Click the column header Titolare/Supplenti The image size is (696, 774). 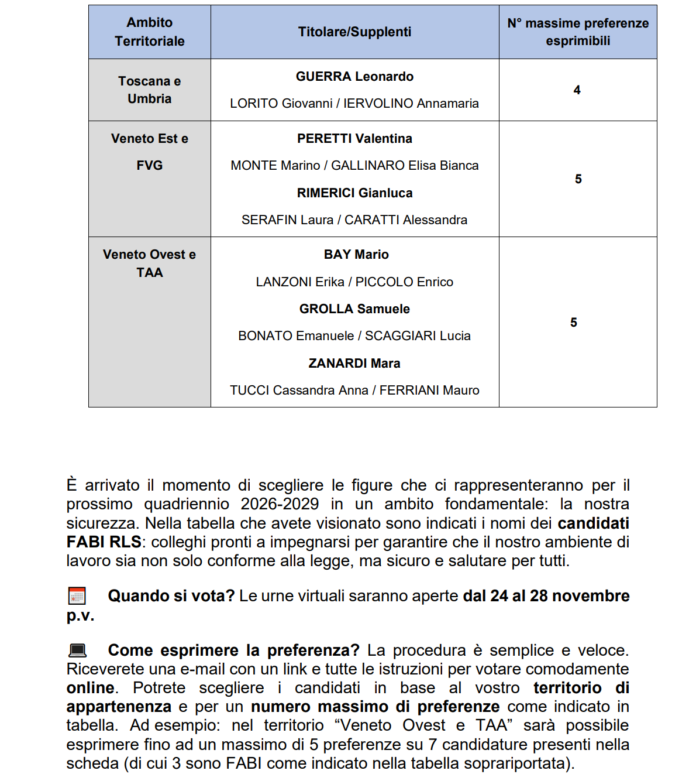(354, 32)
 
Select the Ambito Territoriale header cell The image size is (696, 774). (150, 32)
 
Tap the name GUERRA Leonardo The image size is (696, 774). (354, 77)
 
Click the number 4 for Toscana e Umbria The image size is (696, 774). (577, 90)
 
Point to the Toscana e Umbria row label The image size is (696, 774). (150, 90)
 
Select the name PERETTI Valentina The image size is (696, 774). (354, 139)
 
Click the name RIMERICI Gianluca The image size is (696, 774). (354, 193)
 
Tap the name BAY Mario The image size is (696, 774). (356, 255)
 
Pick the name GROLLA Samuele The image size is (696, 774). (354, 309)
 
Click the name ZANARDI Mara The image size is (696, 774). (354, 364)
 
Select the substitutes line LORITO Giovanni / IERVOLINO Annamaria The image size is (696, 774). (354, 104)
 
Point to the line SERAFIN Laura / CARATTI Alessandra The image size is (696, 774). (354, 220)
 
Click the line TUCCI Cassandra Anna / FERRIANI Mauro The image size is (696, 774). (354, 391)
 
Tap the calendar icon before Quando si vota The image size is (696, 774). (77, 596)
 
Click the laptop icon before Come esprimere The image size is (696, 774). (77, 650)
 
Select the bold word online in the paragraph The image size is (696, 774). (90, 688)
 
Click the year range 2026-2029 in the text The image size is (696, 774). (280, 504)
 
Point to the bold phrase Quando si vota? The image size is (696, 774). (171, 596)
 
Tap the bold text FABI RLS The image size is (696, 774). (104, 542)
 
